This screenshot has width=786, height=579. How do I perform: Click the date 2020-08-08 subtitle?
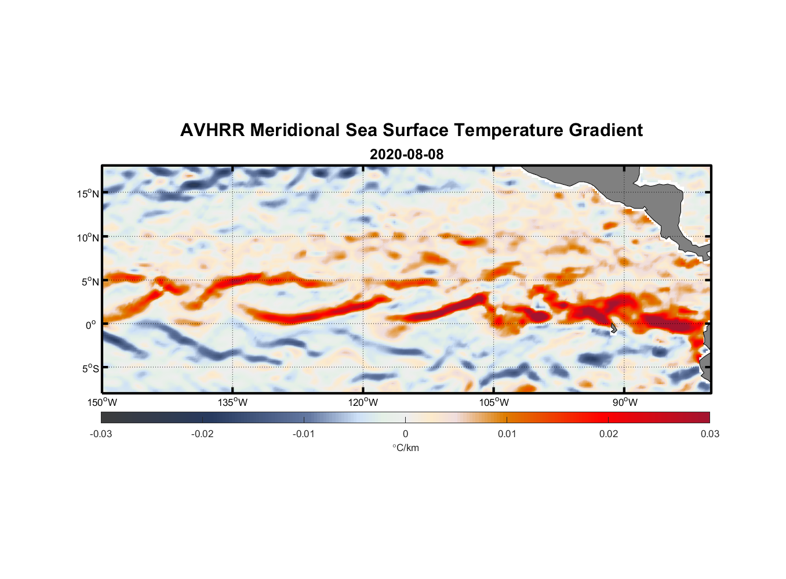[x=406, y=155]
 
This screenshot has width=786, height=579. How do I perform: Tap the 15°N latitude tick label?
[x=88, y=193]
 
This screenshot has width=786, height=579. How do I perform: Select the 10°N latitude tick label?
[x=88, y=237]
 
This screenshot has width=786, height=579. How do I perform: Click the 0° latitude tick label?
[x=91, y=325]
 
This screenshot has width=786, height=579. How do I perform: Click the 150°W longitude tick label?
[x=102, y=402]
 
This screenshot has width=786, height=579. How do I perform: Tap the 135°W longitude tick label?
[x=232, y=402]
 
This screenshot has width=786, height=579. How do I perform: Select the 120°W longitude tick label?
[x=363, y=402]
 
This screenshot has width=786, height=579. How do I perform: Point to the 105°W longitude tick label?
[x=494, y=402]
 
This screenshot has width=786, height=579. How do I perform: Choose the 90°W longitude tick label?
[x=625, y=402]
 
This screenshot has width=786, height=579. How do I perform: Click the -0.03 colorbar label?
[x=101, y=434]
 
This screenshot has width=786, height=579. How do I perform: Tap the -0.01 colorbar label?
[x=304, y=434]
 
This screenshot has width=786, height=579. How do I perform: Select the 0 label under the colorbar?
[x=405, y=434]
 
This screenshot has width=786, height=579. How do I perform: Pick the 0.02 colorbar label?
[x=609, y=434]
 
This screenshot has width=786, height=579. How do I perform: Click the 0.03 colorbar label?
[x=709, y=434]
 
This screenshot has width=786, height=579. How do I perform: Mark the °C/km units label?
[x=405, y=448]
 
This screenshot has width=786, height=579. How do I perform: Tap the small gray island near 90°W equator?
[x=613, y=328]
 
